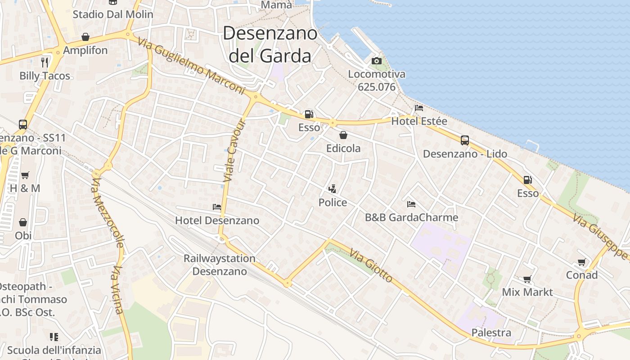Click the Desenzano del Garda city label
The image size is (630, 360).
tap(270, 45)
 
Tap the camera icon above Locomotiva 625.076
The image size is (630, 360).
tap(377, 61)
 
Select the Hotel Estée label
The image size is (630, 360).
tap(419, 121)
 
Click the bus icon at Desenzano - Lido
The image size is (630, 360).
tap(465, 140)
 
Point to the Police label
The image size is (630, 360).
tap(333, 202)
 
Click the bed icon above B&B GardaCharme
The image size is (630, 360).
tap(411, 204)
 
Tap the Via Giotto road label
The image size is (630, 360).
tap(371, 266)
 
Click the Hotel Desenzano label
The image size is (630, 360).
tap(217, 220)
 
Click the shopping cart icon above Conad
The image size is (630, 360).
tap(581, 262)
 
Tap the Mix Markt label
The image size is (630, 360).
tap(527, 292)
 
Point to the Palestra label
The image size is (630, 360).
tap(491, 333)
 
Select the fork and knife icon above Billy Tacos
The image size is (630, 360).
tap(45, 62)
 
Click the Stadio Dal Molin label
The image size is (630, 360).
tap(113, 14)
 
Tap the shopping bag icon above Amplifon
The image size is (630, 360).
tap(85, 37)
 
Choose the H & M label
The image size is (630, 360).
tap(25, 188)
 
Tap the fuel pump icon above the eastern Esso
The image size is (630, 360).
tap(527, 180)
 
